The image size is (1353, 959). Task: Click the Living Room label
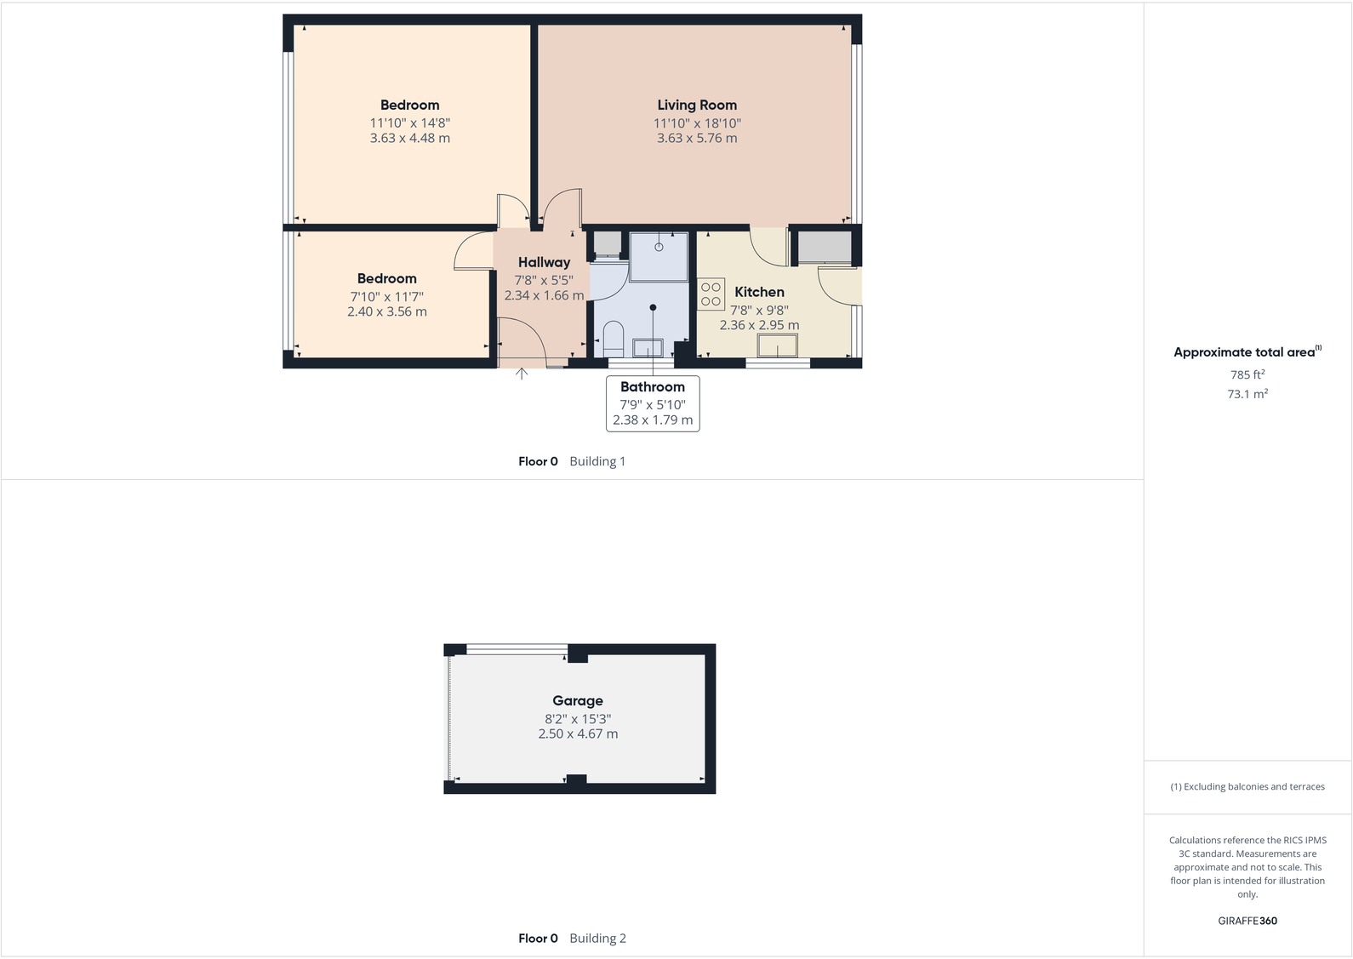click(696, 105)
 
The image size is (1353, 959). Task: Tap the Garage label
click(578, 700)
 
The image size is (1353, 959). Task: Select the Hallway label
click(544, 262)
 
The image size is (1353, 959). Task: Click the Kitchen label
click(759, 292)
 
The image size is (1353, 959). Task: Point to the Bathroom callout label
click(653, 387)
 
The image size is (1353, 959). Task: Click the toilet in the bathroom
click(613, 338)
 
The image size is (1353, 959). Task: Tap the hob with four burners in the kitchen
click(711, 294)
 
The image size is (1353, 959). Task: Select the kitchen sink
click(778, 345)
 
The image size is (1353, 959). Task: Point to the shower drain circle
click(659, 247)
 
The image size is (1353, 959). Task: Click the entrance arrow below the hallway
click(522, 373)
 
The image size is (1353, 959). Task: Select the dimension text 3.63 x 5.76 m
click(697, 138)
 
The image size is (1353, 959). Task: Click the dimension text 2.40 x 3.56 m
click(387, 311)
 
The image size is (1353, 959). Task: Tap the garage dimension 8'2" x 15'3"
click(578, 719)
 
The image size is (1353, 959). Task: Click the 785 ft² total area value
click(1247, 374)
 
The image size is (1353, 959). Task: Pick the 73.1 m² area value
click(1247, 394)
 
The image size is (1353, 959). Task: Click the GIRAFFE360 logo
click(1247, 921)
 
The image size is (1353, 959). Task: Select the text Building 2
click(597, 939)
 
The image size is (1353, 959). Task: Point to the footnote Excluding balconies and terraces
click(1247, 787)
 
